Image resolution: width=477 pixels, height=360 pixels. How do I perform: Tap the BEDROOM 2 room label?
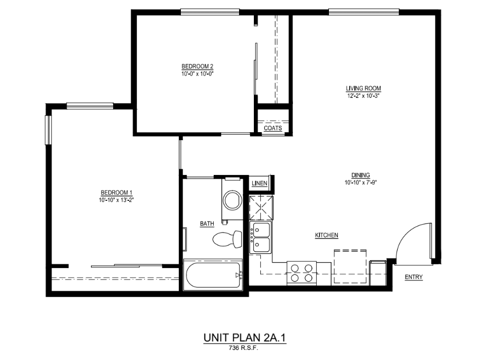coord(197,66)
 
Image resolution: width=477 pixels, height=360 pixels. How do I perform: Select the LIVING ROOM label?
coord(363,88)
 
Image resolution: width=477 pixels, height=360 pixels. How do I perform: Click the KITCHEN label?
coord(326,235)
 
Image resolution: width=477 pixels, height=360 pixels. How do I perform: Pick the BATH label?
coord(207,224)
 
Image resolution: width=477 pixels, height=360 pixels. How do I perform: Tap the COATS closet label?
coord(272,128)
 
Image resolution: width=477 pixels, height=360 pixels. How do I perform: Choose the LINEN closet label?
coord(260,183)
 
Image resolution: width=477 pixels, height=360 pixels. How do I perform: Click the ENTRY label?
coord(414,277)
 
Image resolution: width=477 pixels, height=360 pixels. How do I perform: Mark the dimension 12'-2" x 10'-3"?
coord(363,96)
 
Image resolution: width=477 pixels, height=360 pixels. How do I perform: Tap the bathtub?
coord(213,274)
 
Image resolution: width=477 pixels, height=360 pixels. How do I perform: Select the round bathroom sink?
coord(232,200)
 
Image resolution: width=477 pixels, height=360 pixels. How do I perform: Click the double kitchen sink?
coord(261,237)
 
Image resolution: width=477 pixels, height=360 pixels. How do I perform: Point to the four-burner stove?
coord(301,273)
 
